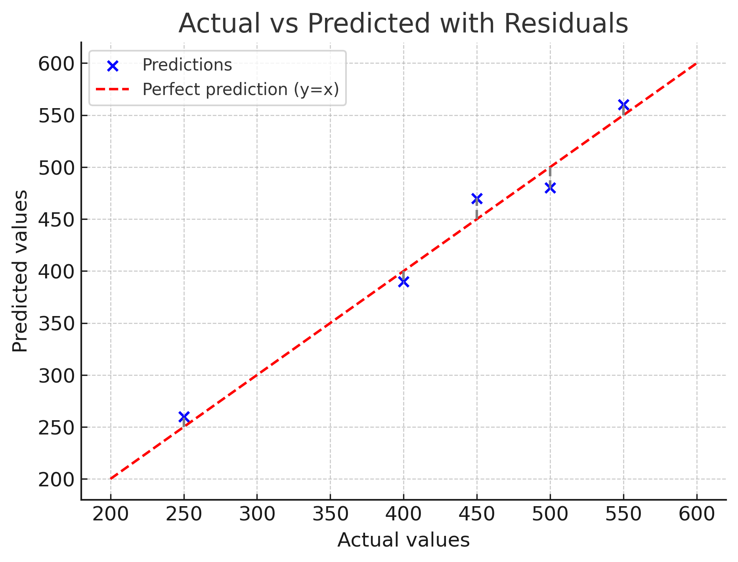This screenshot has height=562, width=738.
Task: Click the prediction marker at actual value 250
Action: tap(184, 417)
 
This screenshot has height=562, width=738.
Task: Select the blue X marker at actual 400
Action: tap(403, 282)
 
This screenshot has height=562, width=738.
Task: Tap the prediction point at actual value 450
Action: tap(477, 198)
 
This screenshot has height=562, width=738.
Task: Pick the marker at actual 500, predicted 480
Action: tap(550, 188)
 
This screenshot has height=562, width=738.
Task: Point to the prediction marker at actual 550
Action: tap(623, 105)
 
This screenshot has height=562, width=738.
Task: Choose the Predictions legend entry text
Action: tap(187, 65)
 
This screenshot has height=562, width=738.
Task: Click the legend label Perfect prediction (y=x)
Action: tap(241, 90)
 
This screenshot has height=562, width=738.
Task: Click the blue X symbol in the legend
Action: tap(113, 66)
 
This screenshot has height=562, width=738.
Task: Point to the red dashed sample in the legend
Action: tap(113, 90)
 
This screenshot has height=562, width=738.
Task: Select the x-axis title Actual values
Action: tap(403, 540)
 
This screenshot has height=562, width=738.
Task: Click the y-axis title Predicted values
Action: tap(20, 271)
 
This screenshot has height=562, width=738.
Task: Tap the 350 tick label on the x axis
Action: tap(330, 514)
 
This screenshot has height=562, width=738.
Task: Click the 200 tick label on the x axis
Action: tap(111, 514)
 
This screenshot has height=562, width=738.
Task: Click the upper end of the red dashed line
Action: tap(696, 64)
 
